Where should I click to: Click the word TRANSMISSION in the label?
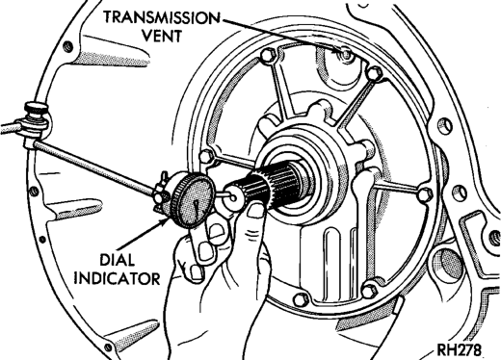point(162,17)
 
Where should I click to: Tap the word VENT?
point(162,36)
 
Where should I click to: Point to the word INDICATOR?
point(117,278)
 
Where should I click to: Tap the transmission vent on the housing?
point(346,54)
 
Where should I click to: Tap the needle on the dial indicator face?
point(197,209)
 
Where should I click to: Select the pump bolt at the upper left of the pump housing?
point(268,56)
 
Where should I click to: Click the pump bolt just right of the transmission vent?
point(374,73)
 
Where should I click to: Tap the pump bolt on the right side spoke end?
point(426,194)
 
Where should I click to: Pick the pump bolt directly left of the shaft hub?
point(206,156)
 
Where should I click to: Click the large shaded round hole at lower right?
point(446,261)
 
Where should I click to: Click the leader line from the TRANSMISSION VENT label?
point(280,36)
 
